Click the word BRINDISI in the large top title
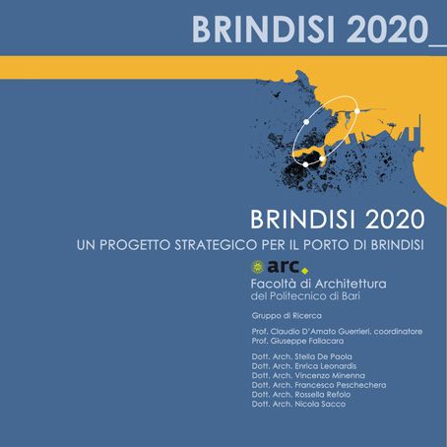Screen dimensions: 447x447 tap(263, 30)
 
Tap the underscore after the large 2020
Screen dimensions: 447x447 tap(438, 45)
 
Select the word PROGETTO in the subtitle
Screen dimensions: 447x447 tap(135, 245)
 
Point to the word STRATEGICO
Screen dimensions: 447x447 tap(217, 245)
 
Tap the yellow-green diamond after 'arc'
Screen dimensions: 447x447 tap(305, 271)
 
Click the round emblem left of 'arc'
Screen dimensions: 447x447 tap(258, 267)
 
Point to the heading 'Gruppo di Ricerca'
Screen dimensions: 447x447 tap(287, 316)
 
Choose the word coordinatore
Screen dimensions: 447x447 tap(398, 332)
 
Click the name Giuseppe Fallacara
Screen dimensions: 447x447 tap(307, 341)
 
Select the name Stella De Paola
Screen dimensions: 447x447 tap(323, 356)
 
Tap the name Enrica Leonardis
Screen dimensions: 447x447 tap(326, 366)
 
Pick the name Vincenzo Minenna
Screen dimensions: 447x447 tap(330, 375)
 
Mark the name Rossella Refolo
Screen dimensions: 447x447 tap(323, 395)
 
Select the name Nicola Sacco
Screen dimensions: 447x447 tap(320, 404)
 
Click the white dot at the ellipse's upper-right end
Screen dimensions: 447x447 tap(357, 111)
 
